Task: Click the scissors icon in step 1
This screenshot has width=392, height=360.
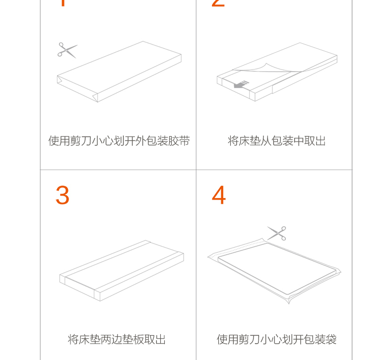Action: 67,50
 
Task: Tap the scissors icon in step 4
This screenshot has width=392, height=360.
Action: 277,233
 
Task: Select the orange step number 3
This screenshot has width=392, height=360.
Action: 62,195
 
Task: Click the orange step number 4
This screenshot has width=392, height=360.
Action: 219,195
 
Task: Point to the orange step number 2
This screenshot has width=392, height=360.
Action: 218,2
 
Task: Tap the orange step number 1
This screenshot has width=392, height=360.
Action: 63,2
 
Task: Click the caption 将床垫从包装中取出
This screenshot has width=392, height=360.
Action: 276,141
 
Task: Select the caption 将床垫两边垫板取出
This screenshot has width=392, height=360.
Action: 117,340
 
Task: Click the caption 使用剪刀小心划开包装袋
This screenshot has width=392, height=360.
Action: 276,340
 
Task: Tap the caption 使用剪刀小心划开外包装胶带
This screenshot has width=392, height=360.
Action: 119,141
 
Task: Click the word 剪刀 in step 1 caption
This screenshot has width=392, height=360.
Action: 81,141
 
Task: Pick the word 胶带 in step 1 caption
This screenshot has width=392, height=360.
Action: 179,141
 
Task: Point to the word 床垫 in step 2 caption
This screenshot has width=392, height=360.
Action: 249,141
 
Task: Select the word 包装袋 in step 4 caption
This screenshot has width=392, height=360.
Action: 320,340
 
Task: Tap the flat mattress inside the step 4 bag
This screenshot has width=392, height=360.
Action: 277,269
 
